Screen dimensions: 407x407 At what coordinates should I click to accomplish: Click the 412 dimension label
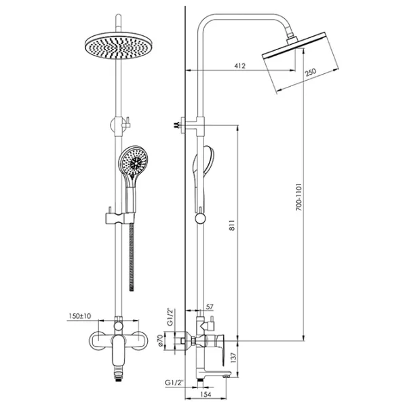[239, 66]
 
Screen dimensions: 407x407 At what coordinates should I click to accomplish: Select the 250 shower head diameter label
[311, 72]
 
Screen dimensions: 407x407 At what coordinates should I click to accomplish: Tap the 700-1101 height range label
[299, 197]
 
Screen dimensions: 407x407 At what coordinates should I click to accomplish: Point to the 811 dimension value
[232, 225]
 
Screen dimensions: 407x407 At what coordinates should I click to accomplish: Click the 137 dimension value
[233, 357]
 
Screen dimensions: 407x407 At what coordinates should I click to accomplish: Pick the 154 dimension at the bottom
[206, 394]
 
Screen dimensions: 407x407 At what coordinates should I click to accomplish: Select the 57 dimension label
[210, 307]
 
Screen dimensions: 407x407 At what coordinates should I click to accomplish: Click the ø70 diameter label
[160, 341]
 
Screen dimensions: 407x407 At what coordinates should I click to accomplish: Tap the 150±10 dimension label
[80, 316]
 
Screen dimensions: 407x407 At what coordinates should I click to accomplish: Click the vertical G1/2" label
[170, 317]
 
